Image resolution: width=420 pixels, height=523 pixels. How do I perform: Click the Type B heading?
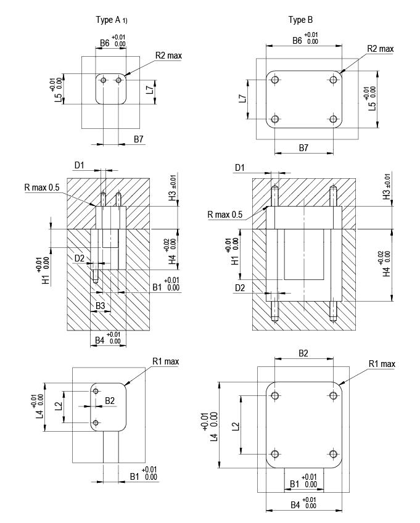[301, 20]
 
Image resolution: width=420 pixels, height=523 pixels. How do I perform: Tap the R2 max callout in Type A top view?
[168, 56]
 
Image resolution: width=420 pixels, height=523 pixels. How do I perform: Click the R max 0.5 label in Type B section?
[224, 215]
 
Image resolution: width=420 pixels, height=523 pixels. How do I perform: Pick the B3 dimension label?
[100, 306]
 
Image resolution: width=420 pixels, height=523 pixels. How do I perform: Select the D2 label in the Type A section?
[80, 257]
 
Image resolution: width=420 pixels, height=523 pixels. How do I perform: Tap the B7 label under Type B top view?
[303, 149]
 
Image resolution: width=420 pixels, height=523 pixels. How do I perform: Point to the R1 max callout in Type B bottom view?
[382, 364]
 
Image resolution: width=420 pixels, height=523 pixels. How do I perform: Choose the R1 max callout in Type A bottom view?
[166, 361]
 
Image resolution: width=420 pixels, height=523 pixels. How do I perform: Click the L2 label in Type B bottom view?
[237, 426]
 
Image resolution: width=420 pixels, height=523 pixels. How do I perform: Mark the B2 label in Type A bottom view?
[109, 401]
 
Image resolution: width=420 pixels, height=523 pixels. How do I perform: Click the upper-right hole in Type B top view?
[333, 80]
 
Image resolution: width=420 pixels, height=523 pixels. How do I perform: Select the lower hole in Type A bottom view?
[96, 422]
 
